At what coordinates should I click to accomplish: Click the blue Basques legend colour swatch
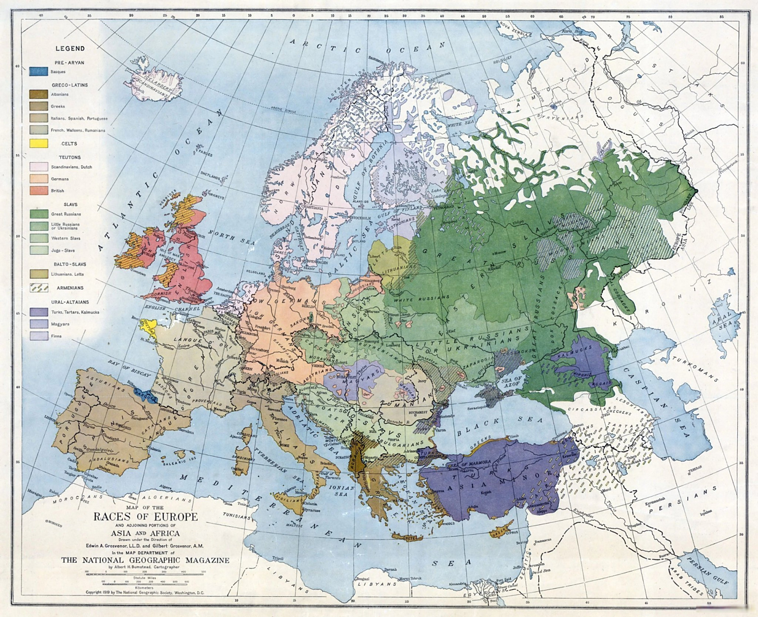39,71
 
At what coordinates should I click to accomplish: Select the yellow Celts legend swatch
39,143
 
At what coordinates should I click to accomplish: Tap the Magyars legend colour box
39,324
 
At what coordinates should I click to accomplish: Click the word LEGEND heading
70,48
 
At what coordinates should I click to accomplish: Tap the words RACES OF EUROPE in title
145,517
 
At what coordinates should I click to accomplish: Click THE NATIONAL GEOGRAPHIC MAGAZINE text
145,560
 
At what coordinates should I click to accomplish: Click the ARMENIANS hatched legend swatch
39,288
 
